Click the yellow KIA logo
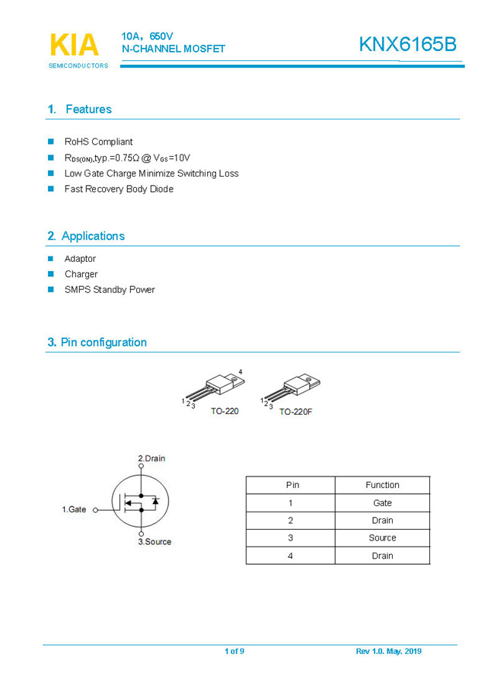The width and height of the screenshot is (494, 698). tap(74, 46)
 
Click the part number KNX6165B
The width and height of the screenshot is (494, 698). tap(408, 45)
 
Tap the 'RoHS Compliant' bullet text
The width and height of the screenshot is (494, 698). tap(98, 142)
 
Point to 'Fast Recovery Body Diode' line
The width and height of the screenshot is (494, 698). tap(119, 189)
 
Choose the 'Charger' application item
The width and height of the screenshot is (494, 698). tap(81, 274)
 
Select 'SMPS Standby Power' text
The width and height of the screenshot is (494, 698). tap(110, 290)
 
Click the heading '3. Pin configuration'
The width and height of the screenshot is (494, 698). tap(97, 343)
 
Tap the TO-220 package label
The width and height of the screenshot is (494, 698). tap(225, 411)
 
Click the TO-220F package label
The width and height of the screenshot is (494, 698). tap(295, 411)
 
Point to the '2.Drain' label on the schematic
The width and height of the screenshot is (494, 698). tap(151, 458)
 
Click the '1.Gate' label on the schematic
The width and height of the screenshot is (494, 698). tap(74, 509)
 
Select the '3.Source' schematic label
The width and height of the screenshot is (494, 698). tap(155, 542)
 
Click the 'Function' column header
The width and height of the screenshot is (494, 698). tap(382, 485)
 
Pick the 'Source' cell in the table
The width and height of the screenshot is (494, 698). tap(382, 538)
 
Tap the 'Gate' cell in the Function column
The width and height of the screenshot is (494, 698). tap(382, 503)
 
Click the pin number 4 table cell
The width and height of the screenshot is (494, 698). tap(290, 556)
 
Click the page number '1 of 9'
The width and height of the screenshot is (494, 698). tap(234, 652)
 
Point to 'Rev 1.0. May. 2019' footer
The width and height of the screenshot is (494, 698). tap(388, 652)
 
